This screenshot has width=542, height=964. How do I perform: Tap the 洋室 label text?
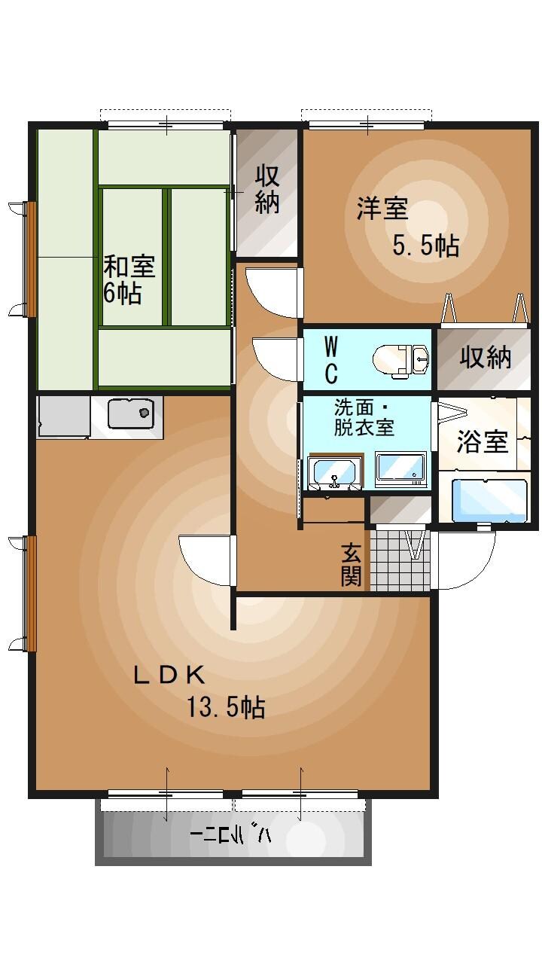pyautogui.click(x=382, y=209)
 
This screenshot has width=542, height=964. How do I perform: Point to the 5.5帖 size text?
pyautogui.click(x=425, y=246)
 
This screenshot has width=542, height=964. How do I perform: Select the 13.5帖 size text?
pyautogui.click(x=225, y=707)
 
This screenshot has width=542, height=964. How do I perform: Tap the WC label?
pyautogui.click(x=330, y=360)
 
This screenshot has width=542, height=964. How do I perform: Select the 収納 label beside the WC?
pyautogui.click(x=486, y=358)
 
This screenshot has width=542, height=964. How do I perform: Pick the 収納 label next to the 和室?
pyautogui.click(x=267, y=188)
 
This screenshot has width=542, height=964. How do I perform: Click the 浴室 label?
pyautogui.click(x=483, y=442)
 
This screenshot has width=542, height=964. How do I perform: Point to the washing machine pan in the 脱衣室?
pyautogui.click(x=400, y=468)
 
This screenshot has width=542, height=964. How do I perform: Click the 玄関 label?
pyautogui.click(x=352, y=565)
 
